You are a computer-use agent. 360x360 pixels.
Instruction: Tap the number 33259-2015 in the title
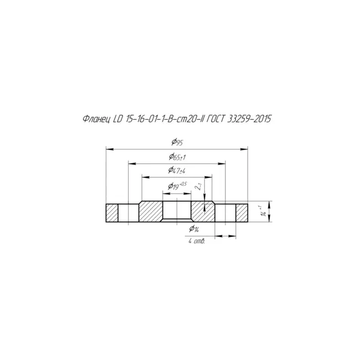click(x=249, y=119)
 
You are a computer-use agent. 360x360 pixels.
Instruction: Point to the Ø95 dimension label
click(x=177, y=142)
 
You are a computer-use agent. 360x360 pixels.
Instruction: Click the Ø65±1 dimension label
click(x=177, y=157)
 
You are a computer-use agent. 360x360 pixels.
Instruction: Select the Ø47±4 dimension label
click(x=177, y=171)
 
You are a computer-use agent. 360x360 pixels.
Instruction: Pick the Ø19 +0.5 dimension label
click(x=177, y=186)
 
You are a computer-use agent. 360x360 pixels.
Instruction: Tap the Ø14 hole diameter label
click(x=194, y=229)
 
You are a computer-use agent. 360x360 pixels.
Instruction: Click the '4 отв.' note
click(x=197, y=241)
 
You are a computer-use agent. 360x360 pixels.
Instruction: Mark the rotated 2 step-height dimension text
click(x=198, y=186)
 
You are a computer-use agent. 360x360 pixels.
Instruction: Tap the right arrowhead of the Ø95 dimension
click(x=244, y=149)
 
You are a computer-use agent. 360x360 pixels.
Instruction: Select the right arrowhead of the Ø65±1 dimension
click(x=222, y=164)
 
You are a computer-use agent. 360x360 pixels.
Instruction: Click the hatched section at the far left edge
click(x=112, y=213)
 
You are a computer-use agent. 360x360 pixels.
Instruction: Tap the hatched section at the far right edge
click(x=242, y=213)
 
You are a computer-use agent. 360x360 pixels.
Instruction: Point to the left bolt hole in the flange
click(x=128, y=213)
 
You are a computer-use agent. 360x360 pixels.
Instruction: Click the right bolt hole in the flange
click(x=225, y=213)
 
